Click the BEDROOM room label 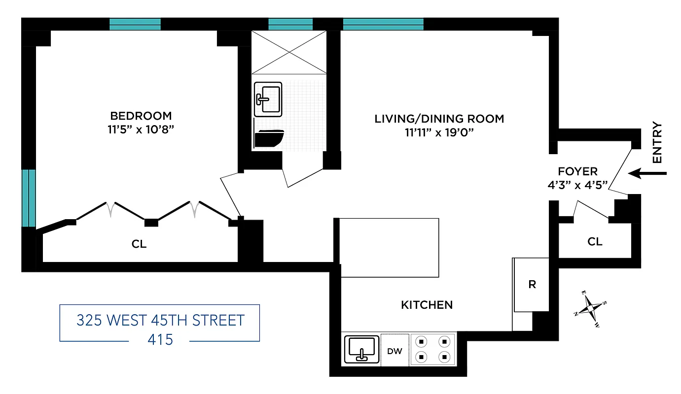tap(141, 116)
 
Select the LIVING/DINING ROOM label tap(439, 119)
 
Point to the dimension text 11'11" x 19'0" tap(439, 132)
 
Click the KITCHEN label tap(427, 305)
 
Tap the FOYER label tap(577, 171)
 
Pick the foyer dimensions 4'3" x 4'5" tap(577, 185)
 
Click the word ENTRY tap(657, 143)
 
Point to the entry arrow tap(648, 173)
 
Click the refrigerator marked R tap(532, 285)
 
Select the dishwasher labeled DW tap(395, 351)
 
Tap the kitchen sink tap(360, 349)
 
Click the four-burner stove tap(433, 348)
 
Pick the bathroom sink tap(268, 99)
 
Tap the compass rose tap(590, 308)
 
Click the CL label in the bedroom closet tap(139, 244)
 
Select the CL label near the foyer tap(595, 241)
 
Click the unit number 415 tap(160, 339)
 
